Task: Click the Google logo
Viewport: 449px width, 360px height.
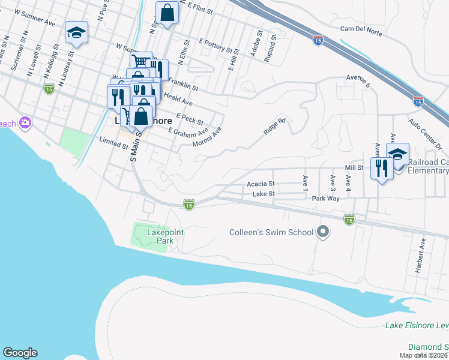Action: pos(20,353)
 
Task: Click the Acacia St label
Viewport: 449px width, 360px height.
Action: pos(261,184)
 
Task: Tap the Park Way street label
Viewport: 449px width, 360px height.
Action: pos(325,197)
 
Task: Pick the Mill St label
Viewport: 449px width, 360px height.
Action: pos(354,168)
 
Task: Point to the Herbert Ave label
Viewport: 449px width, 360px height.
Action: pos(422,256)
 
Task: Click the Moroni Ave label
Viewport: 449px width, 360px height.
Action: pos(207,137)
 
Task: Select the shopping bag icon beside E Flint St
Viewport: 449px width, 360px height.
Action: pos(167,13)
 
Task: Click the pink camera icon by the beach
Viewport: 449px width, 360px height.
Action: pos(25,123)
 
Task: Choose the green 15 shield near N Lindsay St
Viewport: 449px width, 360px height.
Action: pos(49,89)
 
